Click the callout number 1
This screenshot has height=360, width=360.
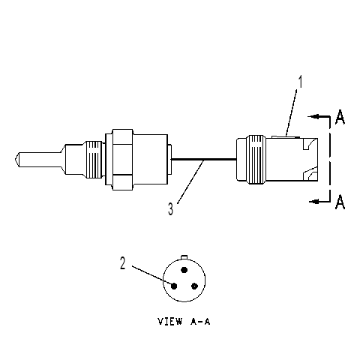(x=300, y=82)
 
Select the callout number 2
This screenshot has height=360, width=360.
(x=122, y=263)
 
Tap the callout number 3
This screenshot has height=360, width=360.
(x=170, y=209)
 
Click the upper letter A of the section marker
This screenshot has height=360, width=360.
(x=340, y=117)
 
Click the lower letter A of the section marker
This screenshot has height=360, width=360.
(x=340, y=202)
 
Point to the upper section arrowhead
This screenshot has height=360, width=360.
(x=313, y=116)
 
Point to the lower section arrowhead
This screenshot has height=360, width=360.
(x=314, y=201)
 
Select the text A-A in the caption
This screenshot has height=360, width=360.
(x=200, y=321)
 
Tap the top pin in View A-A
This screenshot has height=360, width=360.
(x=184, y=270)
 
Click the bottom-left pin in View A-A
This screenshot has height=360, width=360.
(x=174, y=286)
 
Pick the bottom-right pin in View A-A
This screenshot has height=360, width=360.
(x=194, y=286)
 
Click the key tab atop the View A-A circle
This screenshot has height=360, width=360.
(x=184, y=257)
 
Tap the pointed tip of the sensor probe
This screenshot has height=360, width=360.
(x=13, y=159)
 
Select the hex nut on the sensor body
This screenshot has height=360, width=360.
(x=122, y=160)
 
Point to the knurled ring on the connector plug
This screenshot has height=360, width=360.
(x=256, y=160)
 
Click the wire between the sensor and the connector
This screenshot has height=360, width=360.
(x=204, y=159)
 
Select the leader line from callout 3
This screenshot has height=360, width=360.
(x=190, y=182)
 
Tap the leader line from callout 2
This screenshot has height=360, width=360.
(x=152, y=276)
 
